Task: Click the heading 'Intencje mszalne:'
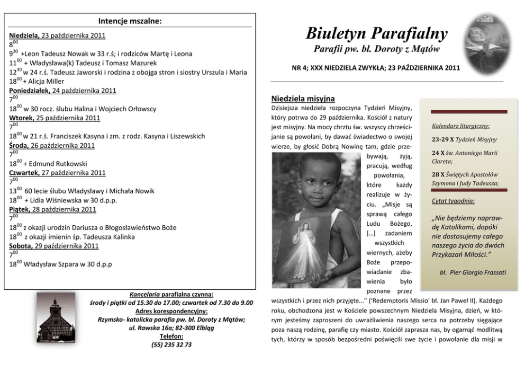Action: (x=130, y=21)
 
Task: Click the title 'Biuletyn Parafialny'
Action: (x=377, y=34)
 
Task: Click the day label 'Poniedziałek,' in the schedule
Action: (x=30, y=91)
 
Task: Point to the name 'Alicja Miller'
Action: (x=46, y=82)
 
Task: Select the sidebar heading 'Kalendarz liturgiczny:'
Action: (x=460, y=126)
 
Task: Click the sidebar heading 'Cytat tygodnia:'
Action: (x=453, y=201)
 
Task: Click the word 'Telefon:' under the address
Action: (x=171, y=336)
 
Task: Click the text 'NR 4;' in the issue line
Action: (x=301, y=68)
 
